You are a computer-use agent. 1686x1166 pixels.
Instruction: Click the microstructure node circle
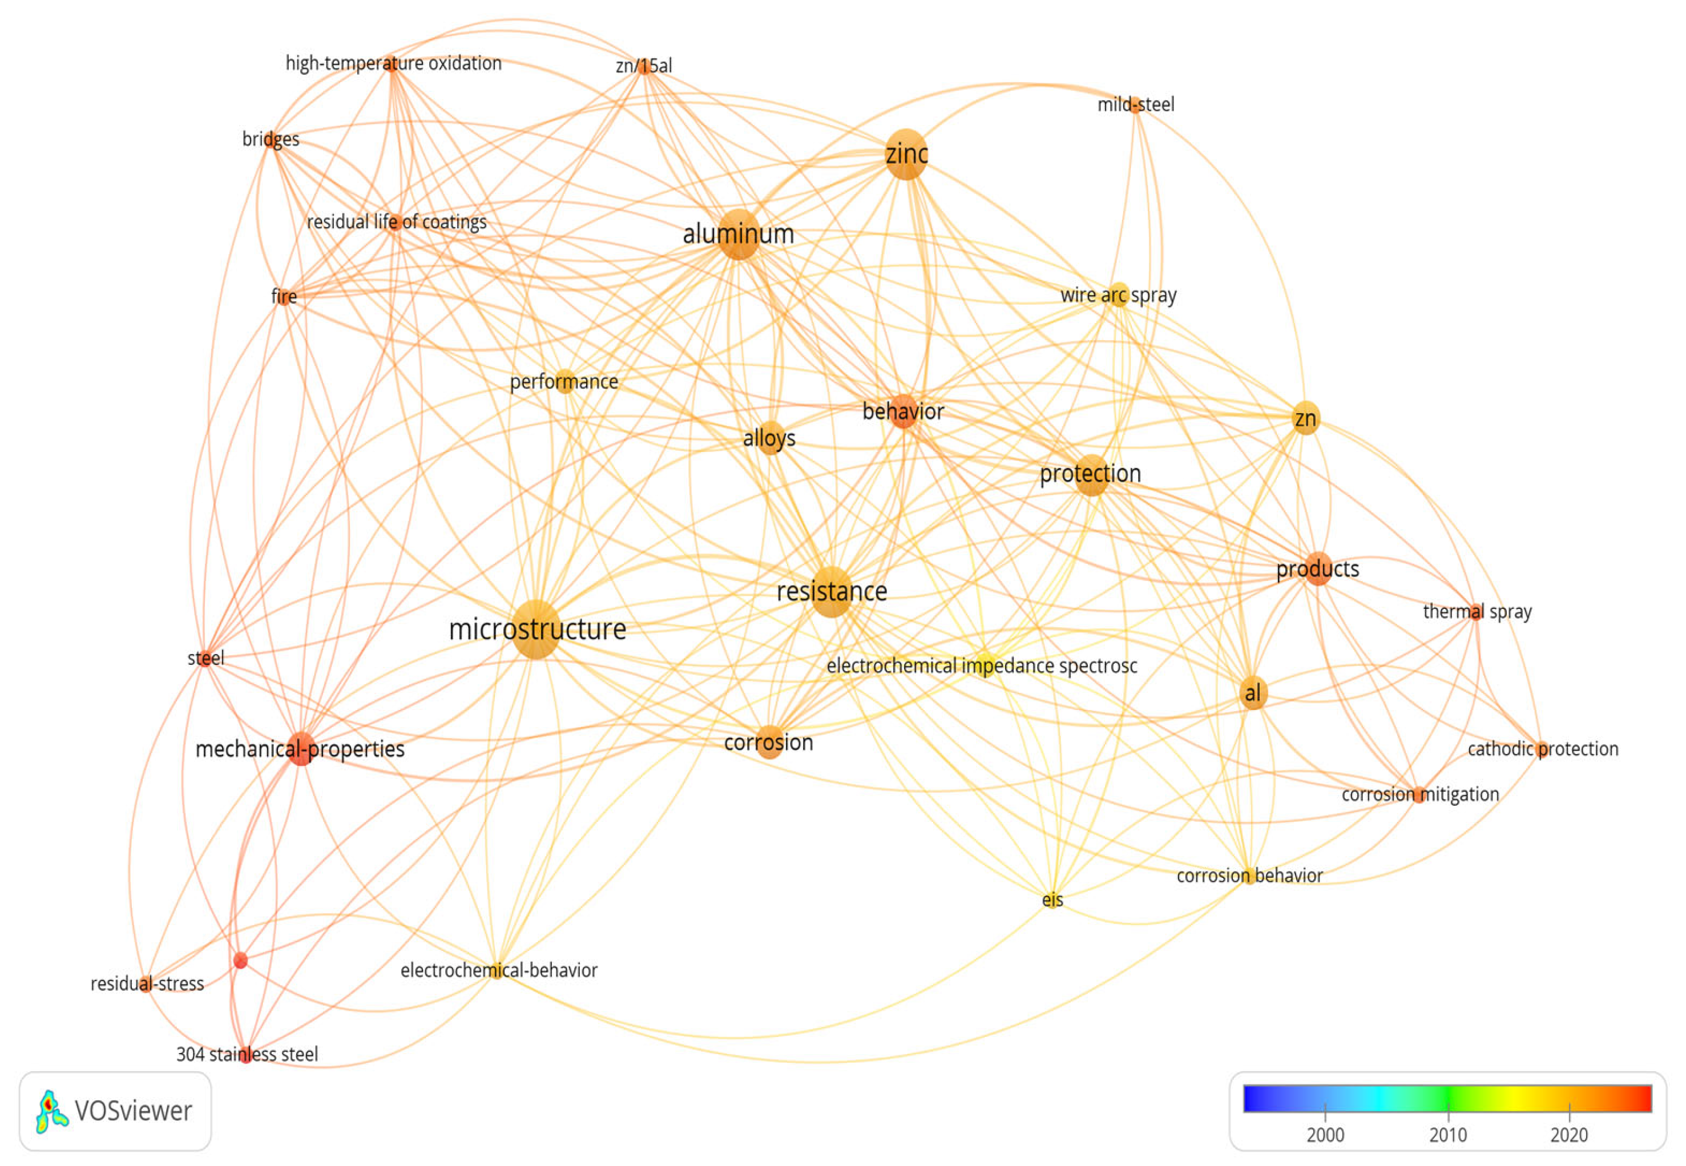[537, 630]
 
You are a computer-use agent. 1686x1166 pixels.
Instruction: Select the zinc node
[906, 154]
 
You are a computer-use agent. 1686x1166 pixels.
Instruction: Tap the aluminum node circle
[739, 235]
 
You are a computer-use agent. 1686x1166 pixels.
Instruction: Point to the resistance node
[832, 592]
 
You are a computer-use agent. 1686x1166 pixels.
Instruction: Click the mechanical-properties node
[300, 748]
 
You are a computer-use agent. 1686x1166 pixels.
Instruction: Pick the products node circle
[1318, 568]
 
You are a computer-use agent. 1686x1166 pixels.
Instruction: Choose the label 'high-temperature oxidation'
[393, 63]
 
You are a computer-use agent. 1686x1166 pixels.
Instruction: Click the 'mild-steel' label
[1135, 104]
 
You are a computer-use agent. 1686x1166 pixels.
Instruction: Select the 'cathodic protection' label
[1542, 749]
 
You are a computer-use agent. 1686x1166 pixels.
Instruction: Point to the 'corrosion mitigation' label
[1419, 794]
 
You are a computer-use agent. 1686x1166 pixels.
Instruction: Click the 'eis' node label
[1052, 900]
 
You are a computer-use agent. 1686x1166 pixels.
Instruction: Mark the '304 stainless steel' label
[247, 1054]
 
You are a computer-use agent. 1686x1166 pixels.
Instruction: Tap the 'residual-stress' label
[147, 983]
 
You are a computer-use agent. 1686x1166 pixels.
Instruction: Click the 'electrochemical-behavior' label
[498, 970]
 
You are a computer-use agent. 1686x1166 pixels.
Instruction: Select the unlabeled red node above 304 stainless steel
[240, 960]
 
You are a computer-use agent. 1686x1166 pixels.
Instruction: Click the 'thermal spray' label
[1477, 611]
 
